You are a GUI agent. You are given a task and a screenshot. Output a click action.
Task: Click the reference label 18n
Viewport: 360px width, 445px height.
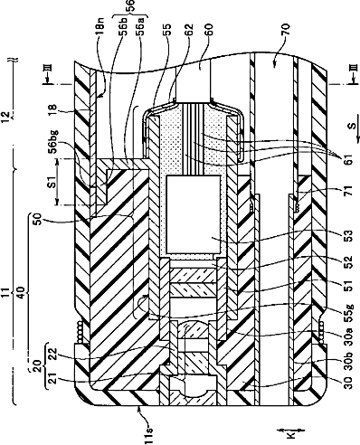[101, 29]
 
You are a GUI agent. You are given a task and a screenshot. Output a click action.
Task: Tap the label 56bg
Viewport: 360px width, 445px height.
[55, 142]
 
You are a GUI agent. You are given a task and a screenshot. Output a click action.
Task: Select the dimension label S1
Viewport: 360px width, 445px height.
[52, 183]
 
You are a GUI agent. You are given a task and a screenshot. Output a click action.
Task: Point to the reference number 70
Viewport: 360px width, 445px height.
[286, 31]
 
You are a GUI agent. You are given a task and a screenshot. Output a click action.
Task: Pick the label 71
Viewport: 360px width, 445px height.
[348, 192]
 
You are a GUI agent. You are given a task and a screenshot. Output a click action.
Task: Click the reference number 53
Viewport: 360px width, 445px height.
[348, 237]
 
